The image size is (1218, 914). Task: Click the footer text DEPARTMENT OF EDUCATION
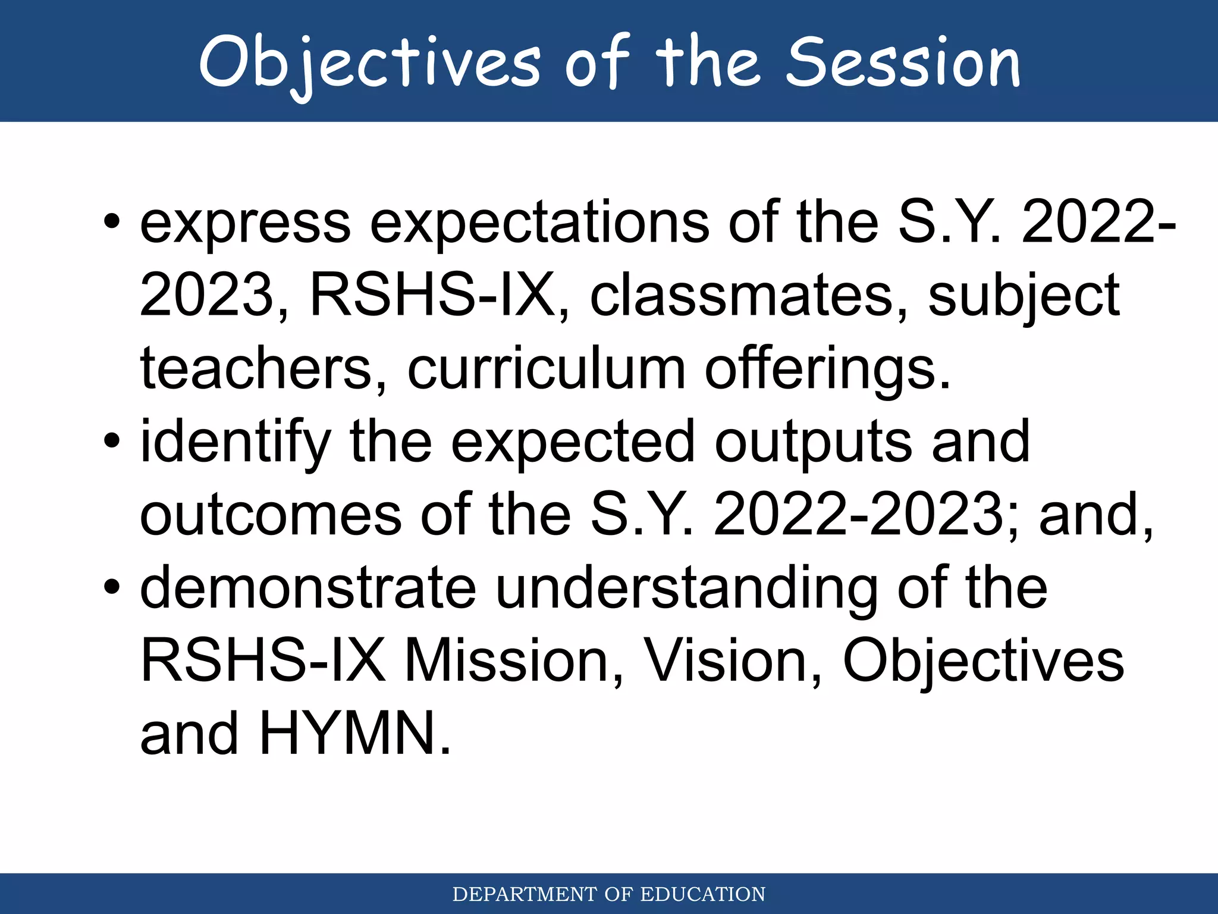[608, 894]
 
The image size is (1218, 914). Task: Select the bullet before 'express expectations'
[111, 222]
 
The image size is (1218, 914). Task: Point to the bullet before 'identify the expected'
[111, 442]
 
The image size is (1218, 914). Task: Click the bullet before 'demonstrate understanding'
[111, 588]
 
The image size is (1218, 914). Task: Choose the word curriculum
[546, 369]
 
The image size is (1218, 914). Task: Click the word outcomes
[271, 515]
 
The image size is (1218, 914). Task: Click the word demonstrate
[308, 588]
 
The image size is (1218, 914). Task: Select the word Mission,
[514, 662]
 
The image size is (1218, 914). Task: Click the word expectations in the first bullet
[539, 223]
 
